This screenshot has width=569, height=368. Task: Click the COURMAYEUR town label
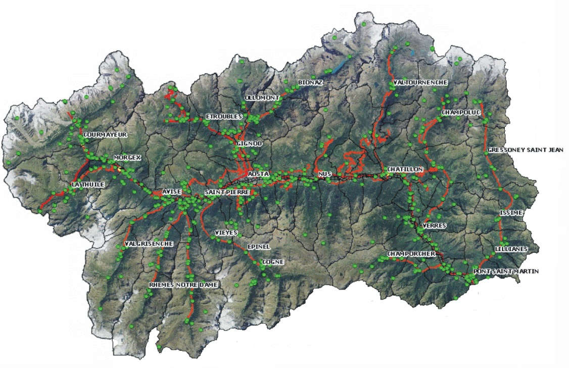(x=106, y=135)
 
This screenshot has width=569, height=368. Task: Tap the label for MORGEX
(x=127, y=158)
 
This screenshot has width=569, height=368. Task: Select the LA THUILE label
(x=88, y=185)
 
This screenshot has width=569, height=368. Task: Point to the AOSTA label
(x=259, y=174)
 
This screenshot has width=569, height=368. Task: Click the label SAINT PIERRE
(x=227, y=193)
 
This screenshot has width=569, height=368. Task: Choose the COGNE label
(x=273, y=262)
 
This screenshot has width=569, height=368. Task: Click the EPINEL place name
(x=259, y=246)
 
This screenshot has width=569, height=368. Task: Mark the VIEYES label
(x=226, y=233)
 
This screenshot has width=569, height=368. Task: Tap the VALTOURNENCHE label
(x=420, y=82)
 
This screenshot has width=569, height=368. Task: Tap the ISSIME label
(x=509, y=212)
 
